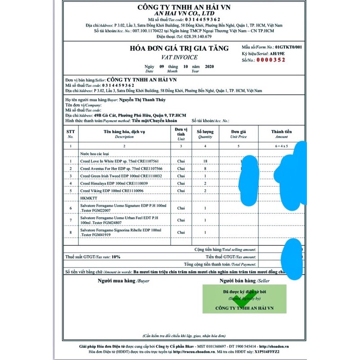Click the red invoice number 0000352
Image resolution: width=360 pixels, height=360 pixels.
click(270, 60)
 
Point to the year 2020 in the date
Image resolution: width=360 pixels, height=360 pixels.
click(209, 67)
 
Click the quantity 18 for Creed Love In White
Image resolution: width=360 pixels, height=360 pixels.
click(205, 161)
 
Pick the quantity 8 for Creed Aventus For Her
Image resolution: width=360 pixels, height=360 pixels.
click(205, 168)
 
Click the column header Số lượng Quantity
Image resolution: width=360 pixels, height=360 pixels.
click(205, 134)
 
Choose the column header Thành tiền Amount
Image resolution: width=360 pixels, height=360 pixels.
click(282, 134)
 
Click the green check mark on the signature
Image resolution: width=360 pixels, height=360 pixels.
click(243, 299)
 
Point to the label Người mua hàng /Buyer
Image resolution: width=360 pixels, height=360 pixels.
click(124, 281)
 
